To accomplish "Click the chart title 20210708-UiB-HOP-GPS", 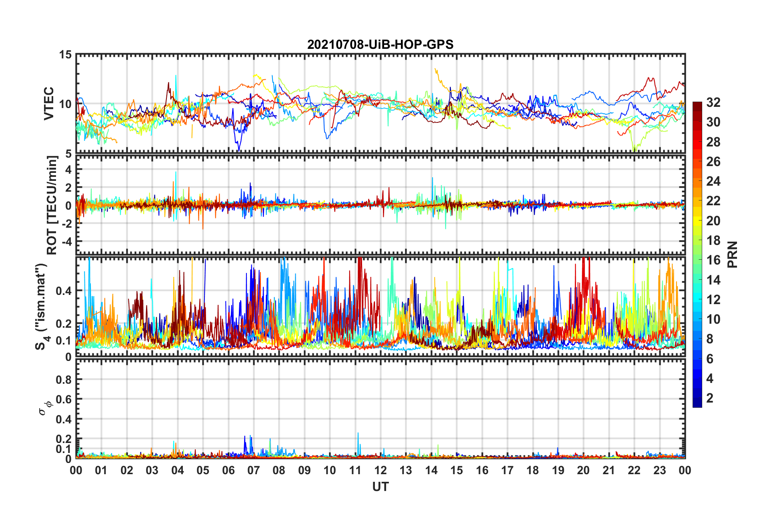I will coord(380,44).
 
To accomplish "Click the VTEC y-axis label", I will coord(49,103).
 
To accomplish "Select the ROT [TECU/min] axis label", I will coord(52,205).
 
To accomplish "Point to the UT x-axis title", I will coord(380,487).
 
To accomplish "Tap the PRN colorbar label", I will coord(733,254).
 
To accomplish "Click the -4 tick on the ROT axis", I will coord(66,242).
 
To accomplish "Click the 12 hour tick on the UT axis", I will coord(380,470).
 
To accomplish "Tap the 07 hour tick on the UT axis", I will coord(254,470).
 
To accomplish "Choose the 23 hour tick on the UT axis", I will coord(659,470).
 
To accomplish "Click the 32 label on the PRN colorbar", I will coord(713,102).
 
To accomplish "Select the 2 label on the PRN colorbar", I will coord(710,398).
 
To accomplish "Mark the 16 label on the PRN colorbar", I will coord(713,260).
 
